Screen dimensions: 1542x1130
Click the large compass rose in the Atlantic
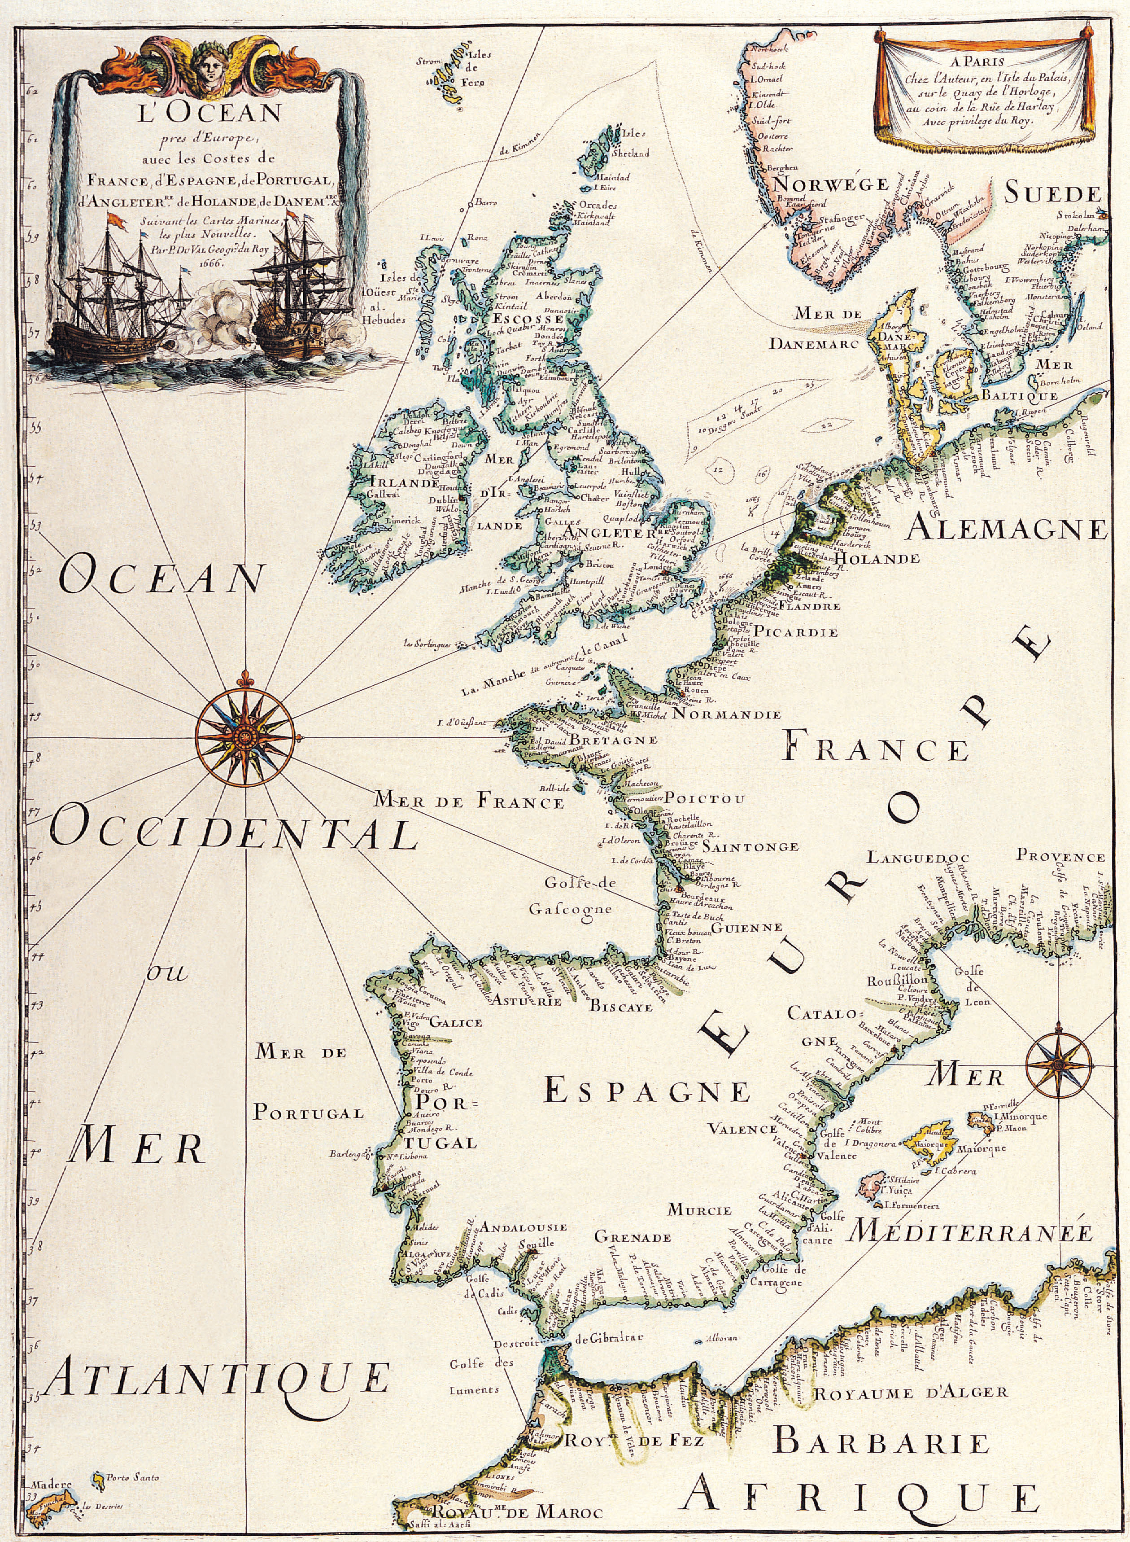point(244,736)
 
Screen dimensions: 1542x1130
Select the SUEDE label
point(1053,194)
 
